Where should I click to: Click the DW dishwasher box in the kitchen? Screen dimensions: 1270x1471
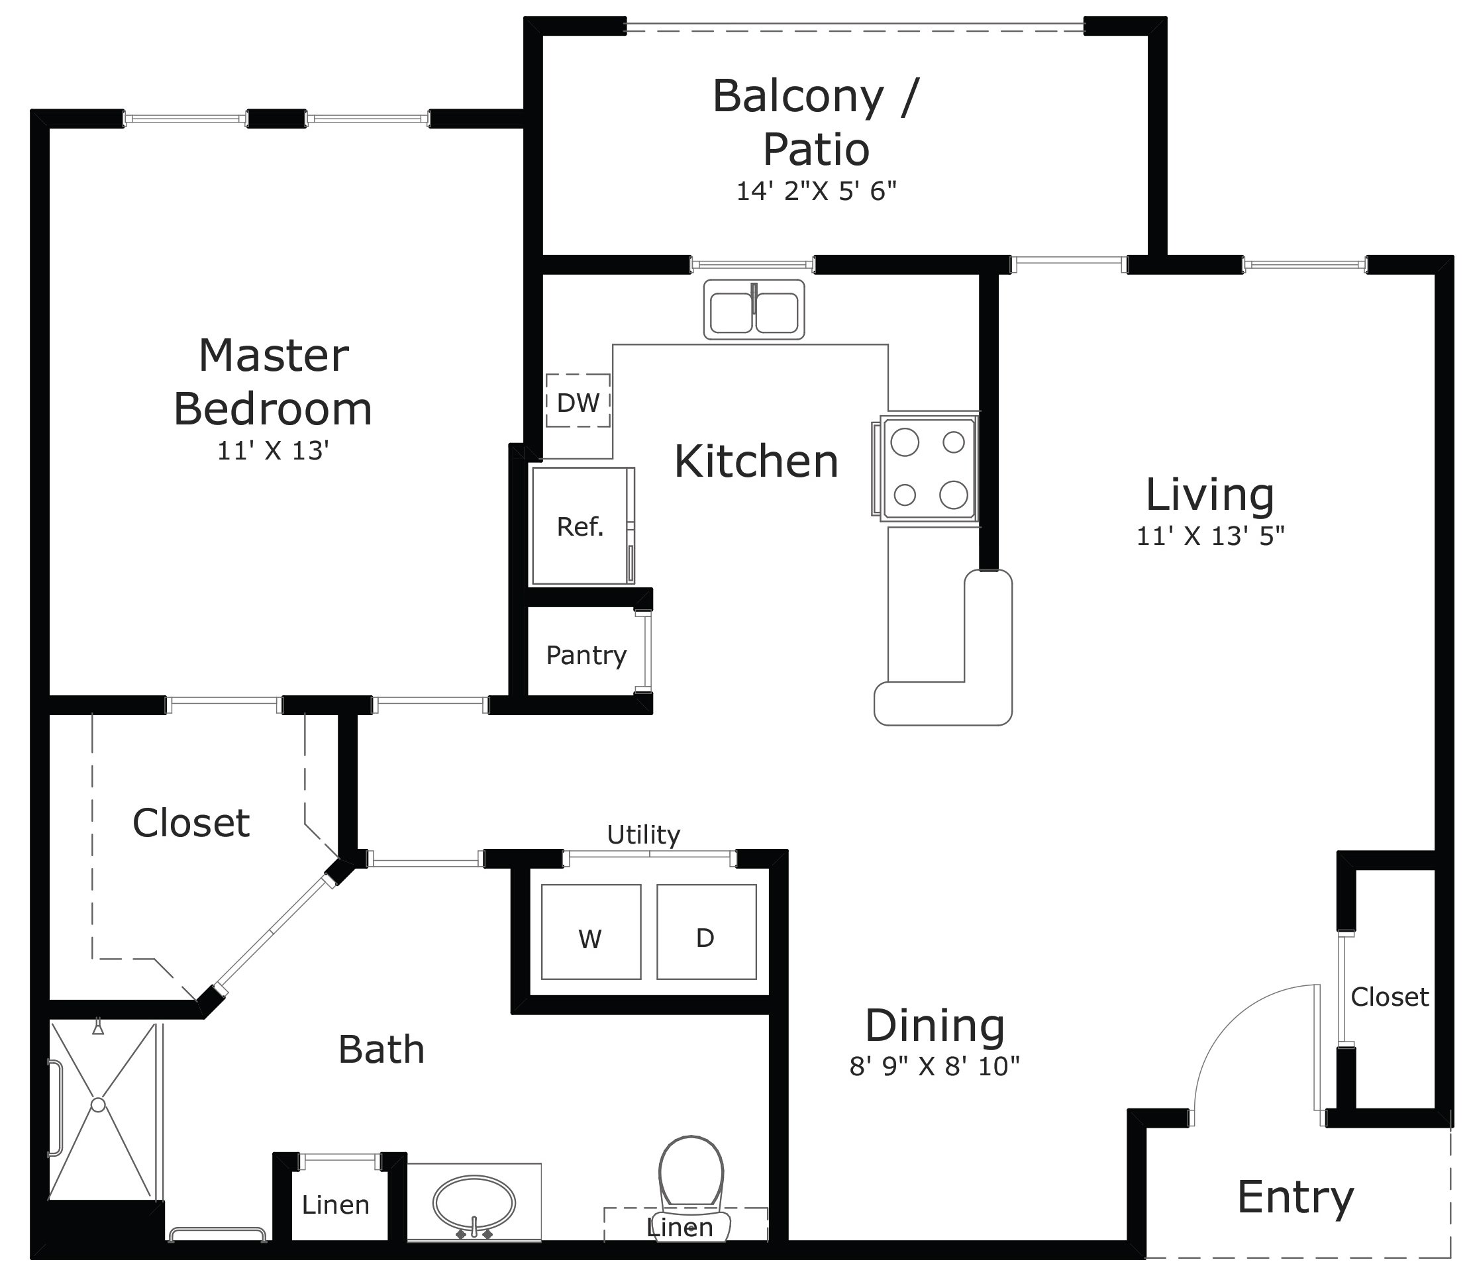click(x=578, y=402)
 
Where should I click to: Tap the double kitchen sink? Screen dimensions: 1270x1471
click(x=754, y=309)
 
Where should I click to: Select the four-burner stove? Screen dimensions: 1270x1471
click(x=929, y=469)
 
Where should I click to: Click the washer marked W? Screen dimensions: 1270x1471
click(x=591, y=932)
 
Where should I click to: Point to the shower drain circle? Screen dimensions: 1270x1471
click(x=98, y=1105)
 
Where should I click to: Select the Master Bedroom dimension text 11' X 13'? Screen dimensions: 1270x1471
click(x=273, y=451)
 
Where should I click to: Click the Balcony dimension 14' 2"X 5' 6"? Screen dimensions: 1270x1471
click(x=817, y=191)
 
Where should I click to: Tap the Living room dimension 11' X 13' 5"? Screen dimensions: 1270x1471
click(x=1211, y=536)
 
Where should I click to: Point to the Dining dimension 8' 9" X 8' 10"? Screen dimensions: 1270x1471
click(x=935, y=1066)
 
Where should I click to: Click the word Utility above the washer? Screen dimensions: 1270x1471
click(x=643, y=835)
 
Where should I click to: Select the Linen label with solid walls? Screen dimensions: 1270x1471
click(x=335, y=1204)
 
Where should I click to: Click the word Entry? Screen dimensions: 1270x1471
click(x=1295, y=1198)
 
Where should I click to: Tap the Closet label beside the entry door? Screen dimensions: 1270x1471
click(x=1390, y=997)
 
